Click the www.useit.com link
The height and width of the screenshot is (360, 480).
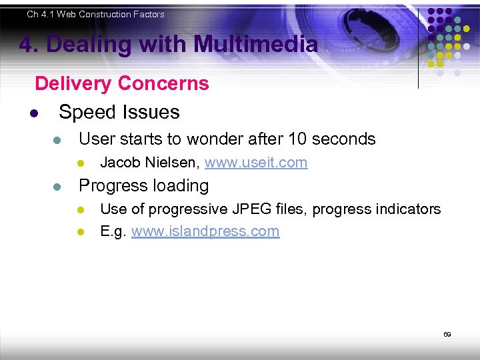click(256, 163)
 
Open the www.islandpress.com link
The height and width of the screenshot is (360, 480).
click(205, 232)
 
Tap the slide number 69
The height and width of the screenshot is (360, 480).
click(447, 334)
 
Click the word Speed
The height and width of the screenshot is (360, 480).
click(86, 112)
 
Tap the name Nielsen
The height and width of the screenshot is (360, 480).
click(175, 163)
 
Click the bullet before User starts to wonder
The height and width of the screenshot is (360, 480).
click(57, 140)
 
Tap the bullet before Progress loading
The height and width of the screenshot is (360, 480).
click(57, 187)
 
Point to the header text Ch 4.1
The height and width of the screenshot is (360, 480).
click(41, 14)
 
